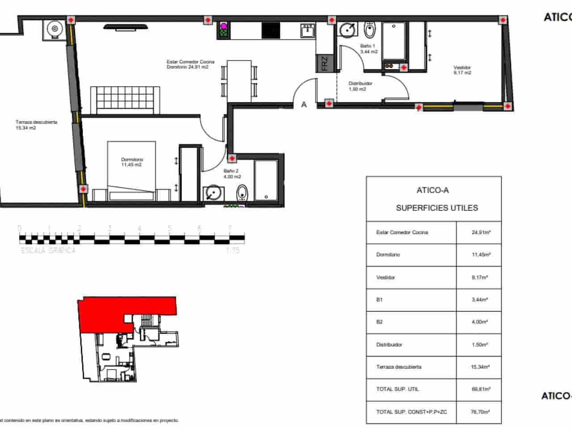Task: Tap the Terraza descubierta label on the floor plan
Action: [36, 125]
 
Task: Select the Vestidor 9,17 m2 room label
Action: [462, 70]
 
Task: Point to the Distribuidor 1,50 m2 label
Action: [360, 86]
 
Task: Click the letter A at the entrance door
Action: [304, 105]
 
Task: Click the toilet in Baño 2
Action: [242, 193]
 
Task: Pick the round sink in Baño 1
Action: [348, 30]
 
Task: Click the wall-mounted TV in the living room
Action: [126, 27]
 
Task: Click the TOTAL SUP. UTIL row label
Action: [397, 389]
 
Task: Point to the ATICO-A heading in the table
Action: [433, 190]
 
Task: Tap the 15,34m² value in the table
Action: [480, 367]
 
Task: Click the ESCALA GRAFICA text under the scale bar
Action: [49, 251]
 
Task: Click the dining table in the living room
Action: [239, 80]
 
